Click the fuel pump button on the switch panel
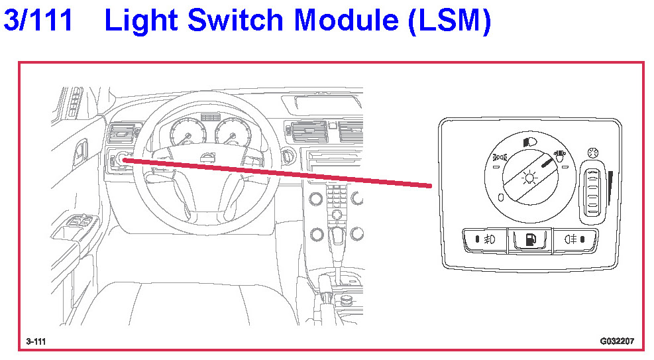pos(530,239)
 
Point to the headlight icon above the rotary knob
pos(529,141)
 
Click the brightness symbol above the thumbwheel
pos(591,152)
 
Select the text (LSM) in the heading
pos(449,21)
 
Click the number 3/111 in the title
pos(38,21)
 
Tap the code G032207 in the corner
pos(616,341)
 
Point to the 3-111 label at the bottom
pos(36,341)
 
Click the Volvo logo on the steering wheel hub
pos(207,157)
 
